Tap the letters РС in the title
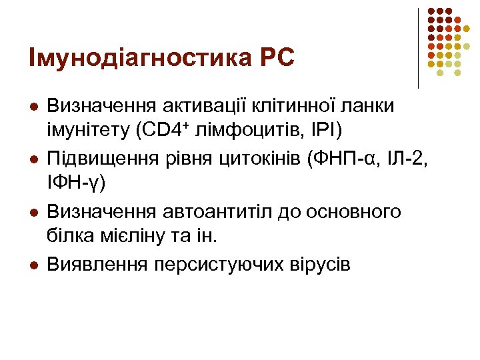(x=275, y=58)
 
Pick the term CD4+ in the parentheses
(x=167, y=129)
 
